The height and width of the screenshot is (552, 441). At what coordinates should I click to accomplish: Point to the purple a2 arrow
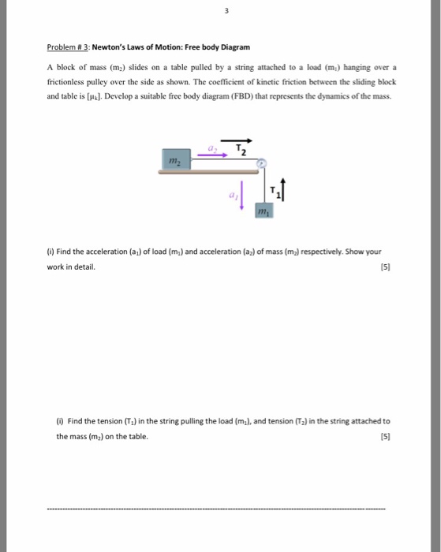click(x=211, y=155)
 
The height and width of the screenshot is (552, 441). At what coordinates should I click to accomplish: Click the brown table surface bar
click(x=212, y=171)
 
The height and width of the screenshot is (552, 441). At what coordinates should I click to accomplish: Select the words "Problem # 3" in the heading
click(x=69, y=47)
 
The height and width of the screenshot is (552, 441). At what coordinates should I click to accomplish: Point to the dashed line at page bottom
click(x=217, y=509)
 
